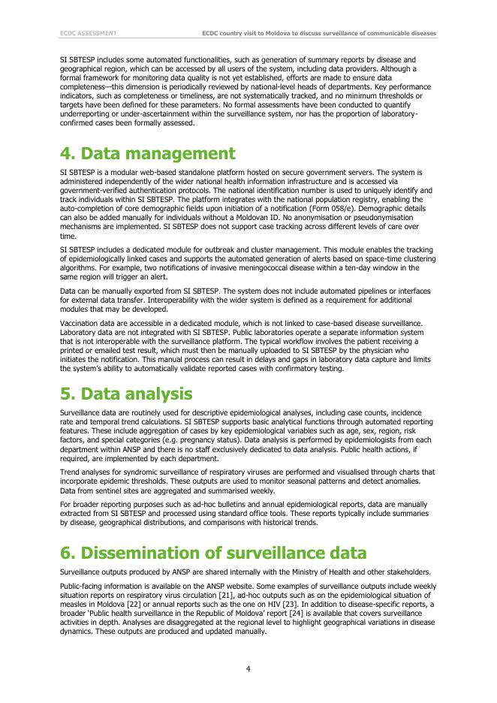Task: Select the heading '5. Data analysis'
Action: click(126, 394)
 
